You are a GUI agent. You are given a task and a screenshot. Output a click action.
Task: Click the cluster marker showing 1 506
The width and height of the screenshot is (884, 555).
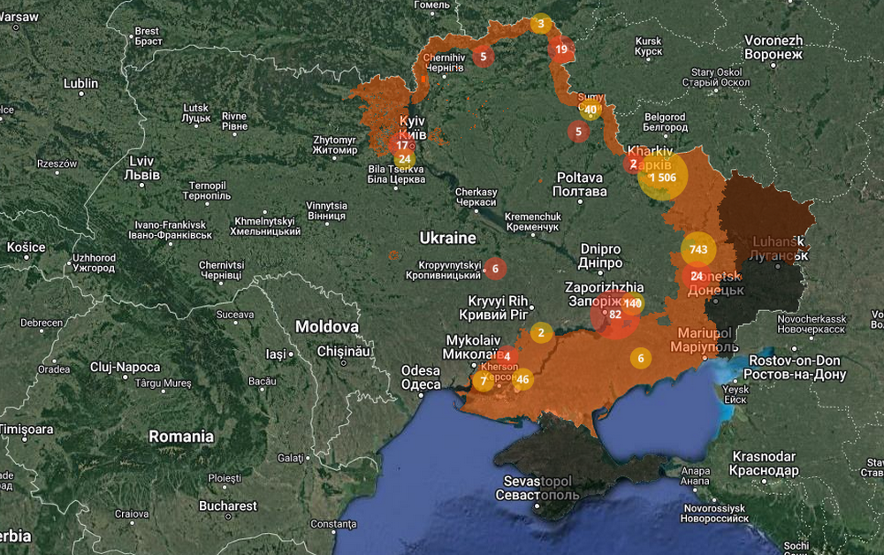coord(661,177)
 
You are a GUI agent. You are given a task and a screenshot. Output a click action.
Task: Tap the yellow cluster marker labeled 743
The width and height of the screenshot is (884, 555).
coord(698,249)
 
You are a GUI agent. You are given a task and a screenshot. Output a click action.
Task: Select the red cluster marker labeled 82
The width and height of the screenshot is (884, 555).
coord(615,315)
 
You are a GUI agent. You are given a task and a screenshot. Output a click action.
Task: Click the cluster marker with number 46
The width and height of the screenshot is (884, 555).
coord(522,380)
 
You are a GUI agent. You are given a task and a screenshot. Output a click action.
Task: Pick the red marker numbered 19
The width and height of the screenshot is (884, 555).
coord(561,49)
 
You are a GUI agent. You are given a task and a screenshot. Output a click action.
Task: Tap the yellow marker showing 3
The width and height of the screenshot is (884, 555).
coord(541,24)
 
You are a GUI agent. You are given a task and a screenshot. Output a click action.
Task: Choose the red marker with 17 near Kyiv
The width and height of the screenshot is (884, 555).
coord(402,145)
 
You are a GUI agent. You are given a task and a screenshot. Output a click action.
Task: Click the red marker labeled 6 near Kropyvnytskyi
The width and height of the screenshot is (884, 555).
coord(495,268)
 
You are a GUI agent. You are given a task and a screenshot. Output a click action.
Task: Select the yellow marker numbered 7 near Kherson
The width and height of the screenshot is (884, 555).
coord(483,382)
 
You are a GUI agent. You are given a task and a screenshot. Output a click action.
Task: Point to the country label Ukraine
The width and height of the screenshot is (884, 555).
coord(447,239)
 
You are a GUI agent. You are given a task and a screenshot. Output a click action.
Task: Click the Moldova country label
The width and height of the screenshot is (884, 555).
coord(327,326)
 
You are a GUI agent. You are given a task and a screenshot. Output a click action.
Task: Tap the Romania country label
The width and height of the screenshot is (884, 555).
coord(181,437)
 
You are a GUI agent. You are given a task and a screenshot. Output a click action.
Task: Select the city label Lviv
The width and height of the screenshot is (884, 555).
coord(143,168)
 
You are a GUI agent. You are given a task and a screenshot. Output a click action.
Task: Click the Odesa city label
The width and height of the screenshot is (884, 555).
coord(421,377)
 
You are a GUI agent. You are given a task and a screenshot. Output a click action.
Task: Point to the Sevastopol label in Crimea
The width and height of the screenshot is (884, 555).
coord(537,487)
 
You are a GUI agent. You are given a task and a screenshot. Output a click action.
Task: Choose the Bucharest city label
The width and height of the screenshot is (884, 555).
coord(228,506)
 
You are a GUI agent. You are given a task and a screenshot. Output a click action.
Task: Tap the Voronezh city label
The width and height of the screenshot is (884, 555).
coord(773,47)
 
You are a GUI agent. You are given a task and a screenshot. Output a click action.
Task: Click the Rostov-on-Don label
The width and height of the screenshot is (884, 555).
coord(796,367)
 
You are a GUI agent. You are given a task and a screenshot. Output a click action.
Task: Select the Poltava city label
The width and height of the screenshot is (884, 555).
coord(580,184)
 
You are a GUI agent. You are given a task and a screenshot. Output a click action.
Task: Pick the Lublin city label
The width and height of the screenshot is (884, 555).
coord(80,84)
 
